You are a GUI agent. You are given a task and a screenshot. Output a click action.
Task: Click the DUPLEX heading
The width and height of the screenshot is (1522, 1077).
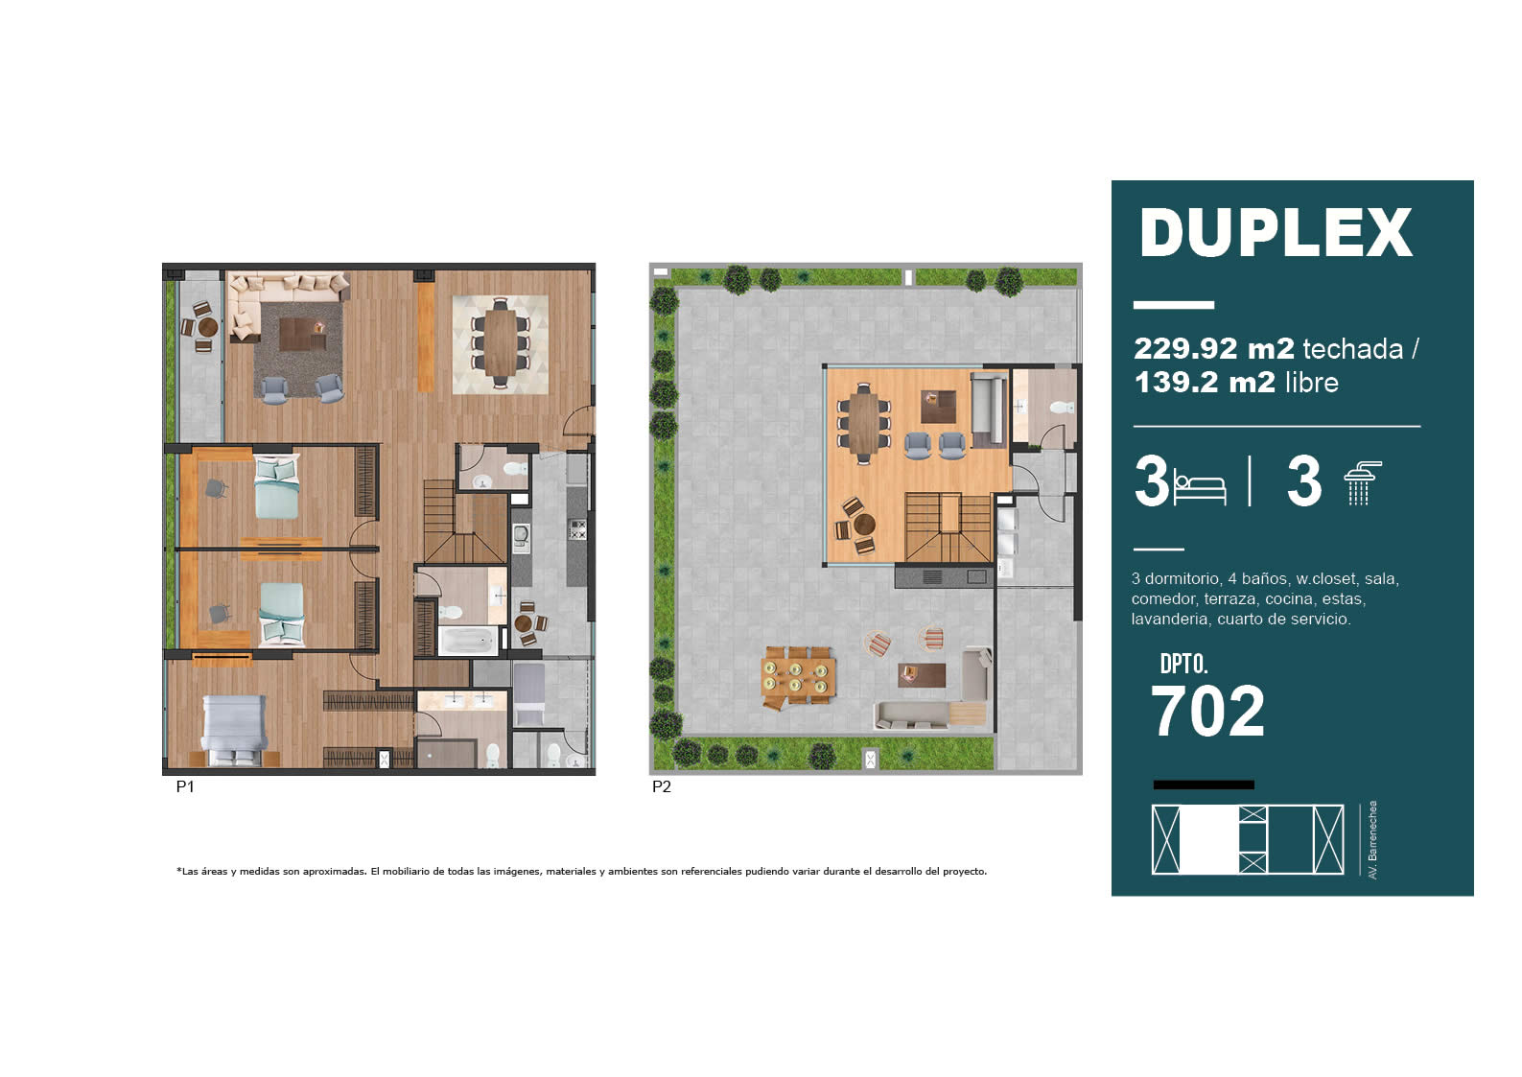(x=1276, y=232)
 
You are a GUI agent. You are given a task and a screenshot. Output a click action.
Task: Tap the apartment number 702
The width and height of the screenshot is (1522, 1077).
(x=1207, y=711)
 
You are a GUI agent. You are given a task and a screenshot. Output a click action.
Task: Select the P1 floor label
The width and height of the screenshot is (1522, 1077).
(x=185, y=786)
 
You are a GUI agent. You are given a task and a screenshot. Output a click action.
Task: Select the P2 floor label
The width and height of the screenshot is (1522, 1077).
(x=661, y=786)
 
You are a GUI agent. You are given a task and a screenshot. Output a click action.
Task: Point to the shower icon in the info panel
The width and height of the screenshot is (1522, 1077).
(x=1363, y=483)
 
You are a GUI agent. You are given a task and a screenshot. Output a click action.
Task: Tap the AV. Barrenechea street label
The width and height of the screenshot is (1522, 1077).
(x=1372, y=840)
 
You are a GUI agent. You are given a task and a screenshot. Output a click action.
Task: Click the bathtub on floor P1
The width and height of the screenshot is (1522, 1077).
(x=467, y=640)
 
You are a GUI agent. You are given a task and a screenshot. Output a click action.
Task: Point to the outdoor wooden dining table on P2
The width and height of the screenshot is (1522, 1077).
(x=798, y=675)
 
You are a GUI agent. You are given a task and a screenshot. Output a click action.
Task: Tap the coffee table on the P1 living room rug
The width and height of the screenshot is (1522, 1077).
(x=302, y=334)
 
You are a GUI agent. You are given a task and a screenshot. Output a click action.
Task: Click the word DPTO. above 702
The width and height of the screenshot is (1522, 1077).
(x=1183, y=664)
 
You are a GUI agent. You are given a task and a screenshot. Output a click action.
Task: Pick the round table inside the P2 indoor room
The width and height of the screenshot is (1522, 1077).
(x=864, y=524)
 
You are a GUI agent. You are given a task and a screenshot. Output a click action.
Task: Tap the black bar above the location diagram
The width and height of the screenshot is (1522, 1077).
(x=1204, y=784)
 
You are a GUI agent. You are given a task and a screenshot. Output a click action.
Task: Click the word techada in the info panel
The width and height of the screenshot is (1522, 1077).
(x=1353, y=348)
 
